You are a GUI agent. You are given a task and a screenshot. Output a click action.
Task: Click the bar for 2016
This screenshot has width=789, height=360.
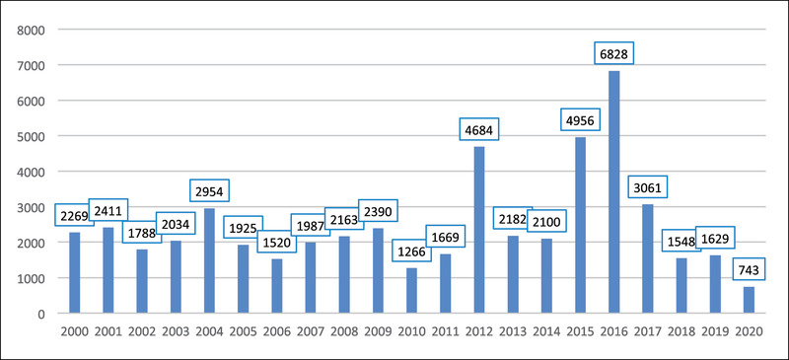coord(613,191)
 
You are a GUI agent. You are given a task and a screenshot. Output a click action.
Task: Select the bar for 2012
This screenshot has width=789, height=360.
coord(479,230)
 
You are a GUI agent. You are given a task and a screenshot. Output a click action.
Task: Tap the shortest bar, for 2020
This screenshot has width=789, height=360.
coord(749,300)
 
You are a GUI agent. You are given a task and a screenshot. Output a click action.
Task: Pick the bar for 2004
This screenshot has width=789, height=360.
coord(209,260)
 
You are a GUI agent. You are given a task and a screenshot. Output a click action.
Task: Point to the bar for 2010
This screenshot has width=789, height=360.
coord(411,291)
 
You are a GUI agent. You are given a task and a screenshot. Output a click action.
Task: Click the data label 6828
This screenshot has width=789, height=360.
coord(613,53)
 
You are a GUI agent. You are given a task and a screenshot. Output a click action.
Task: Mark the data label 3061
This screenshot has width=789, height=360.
coord(648,188)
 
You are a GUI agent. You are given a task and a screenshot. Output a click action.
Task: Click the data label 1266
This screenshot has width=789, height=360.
coord(411,251)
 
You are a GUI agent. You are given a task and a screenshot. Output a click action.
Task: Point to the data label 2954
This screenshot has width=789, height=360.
coord(209,190)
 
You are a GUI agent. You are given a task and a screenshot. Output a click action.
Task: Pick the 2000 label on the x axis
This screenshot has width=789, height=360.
coord(75,331)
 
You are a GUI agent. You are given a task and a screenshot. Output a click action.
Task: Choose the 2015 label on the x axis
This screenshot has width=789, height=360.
coord(580,331)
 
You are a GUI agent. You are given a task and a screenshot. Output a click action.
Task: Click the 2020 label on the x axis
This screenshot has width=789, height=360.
coord(749,331)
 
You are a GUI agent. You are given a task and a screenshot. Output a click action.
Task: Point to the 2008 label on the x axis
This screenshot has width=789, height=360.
coord(344,331)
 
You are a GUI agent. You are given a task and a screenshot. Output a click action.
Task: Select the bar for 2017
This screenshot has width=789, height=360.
coord(648,258)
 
